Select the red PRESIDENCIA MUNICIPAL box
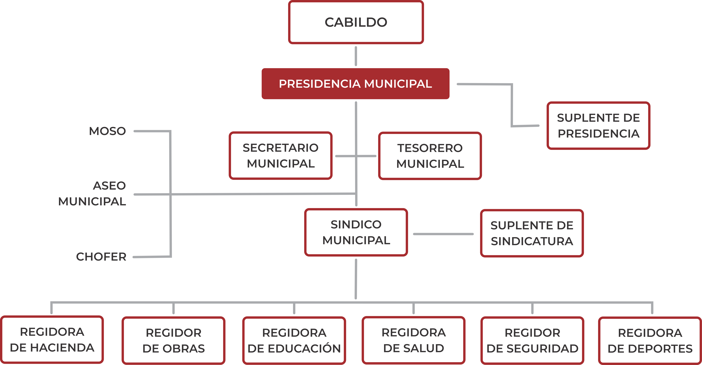point(355,84)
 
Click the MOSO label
point(107,131)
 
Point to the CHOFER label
point(101,257)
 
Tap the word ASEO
point(109,186)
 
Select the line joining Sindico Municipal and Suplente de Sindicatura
point(443,234)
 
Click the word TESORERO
point(430,148)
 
